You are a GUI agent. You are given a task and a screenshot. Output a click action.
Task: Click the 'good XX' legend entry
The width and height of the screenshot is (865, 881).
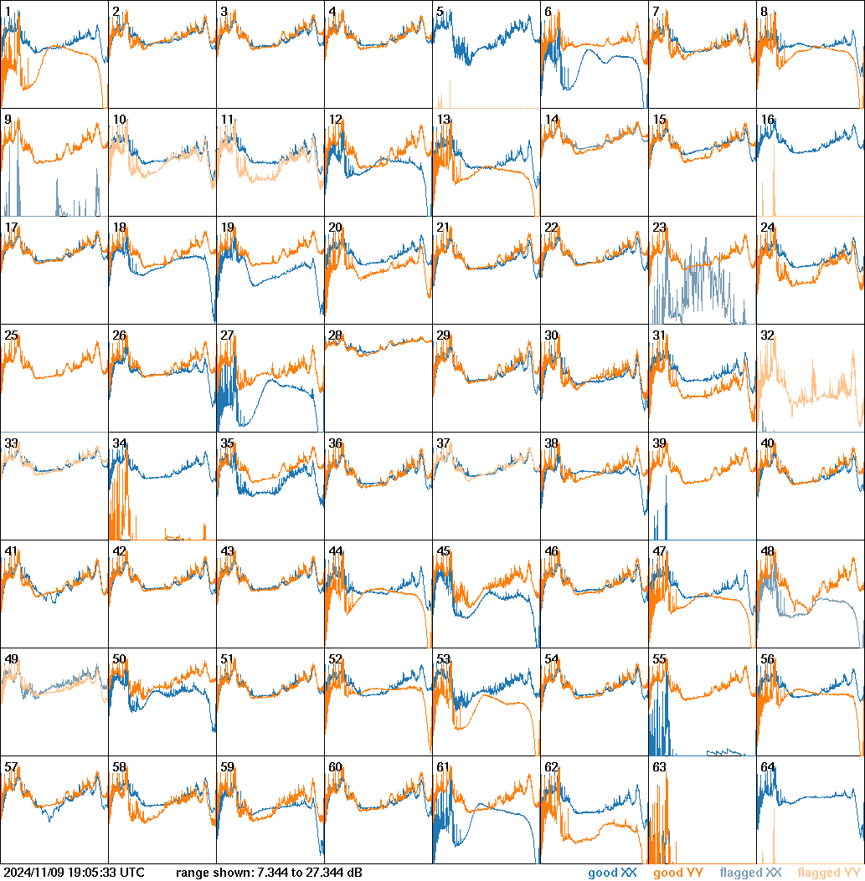pyautogui.click(x=614, y=873)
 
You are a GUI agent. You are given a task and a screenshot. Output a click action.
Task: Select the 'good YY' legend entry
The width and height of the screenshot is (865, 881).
pyautogui.click(x=678, y=873)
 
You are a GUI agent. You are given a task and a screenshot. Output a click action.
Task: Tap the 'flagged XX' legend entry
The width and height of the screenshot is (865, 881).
pyautogui.click(x=750, y=873)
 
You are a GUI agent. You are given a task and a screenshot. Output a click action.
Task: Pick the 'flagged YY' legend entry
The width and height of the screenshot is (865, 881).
pyautogui.click(x=830, y=873)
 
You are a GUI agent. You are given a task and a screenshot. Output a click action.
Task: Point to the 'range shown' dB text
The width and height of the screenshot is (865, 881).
pyautogui.click(x=269, y=873)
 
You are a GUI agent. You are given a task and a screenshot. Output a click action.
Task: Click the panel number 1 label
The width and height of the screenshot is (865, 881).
pyautogui.click(x=8, y=12)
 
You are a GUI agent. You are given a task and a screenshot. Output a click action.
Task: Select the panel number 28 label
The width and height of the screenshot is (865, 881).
pyautogui.click(x=335, y=335)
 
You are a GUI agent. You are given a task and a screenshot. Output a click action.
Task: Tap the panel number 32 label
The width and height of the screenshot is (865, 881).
pyautogui.click(x=767, y=335)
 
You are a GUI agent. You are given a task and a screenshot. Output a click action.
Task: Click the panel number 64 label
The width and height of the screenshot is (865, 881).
pyautogui.click(x=767, y=767)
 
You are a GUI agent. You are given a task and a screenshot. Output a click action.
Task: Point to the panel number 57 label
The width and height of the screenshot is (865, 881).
pyautogui.click(x=11, y=767)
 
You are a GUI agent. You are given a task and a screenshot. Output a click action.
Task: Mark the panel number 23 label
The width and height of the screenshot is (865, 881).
pyautogui.click(x=659, y=228)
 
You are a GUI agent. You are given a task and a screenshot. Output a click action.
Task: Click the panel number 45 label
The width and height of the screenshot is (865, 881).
pyautogui.click(x=443, y=551)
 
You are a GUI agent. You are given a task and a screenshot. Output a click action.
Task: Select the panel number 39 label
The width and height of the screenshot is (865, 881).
pyautogui.click(x=659, y=443)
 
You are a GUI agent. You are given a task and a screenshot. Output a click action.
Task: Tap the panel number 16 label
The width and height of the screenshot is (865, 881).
pyautogui.click(x=767, y=120)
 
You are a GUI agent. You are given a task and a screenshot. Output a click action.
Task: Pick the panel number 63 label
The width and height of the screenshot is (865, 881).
pyautogui.click(x=659, y=767)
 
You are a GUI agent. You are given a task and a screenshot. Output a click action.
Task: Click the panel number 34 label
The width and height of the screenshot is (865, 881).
pyautogui.click(x=119, y=443)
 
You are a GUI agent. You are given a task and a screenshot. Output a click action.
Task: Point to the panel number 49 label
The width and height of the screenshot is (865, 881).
pyautogui.click(x=11, y=659)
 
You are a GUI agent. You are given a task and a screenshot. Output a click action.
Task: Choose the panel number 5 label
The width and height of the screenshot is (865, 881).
pyautogui.click(x=440, y=12)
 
